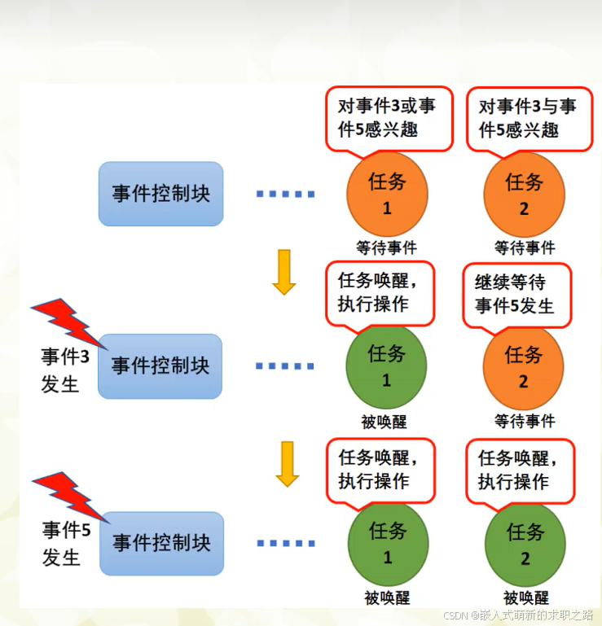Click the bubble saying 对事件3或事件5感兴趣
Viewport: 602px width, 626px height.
(x=388, y=117)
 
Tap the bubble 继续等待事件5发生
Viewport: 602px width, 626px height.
(x=516, y=294)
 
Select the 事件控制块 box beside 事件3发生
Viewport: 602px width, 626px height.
(x=160, y=366)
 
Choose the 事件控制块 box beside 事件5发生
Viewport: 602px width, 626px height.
(x=161, y=543)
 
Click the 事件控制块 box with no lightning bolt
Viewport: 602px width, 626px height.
(x=160, y=194)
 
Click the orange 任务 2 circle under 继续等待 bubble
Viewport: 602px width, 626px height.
(x=523, y=369)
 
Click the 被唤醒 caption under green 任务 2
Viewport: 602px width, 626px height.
(x=525, y=598)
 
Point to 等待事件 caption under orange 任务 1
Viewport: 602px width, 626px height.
(x=386, y=247)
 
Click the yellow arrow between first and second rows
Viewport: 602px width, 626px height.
(x=284, y=272)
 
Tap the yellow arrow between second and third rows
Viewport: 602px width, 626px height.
(x=287, y=463)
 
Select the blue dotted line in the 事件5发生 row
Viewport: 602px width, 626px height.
(x=286, y=543)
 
